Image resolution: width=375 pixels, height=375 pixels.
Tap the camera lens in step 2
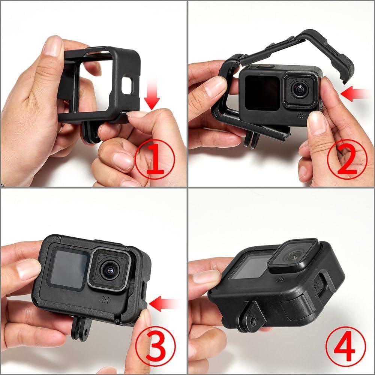tap(300, 90)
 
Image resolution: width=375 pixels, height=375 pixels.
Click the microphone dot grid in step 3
tap(105, 300)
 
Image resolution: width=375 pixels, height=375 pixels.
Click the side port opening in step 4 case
tap(318, 285)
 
